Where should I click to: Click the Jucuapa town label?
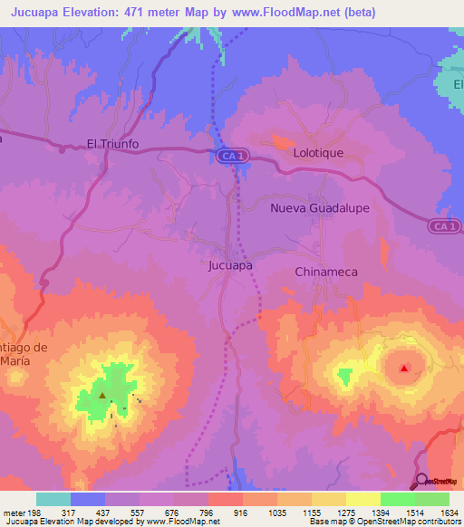coord(230,266)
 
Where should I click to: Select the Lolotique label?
coord(318,153)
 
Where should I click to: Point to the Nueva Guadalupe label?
coord(320,208)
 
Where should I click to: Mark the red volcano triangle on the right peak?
coord(404,368)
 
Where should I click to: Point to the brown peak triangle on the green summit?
coord(102,396)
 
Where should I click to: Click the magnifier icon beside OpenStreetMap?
coord(420,481)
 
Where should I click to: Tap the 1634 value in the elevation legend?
coord(449,513)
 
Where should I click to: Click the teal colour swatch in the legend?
coord(53,499)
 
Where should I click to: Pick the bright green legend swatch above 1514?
coord(397,499)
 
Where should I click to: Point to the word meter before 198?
coord(13,513)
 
